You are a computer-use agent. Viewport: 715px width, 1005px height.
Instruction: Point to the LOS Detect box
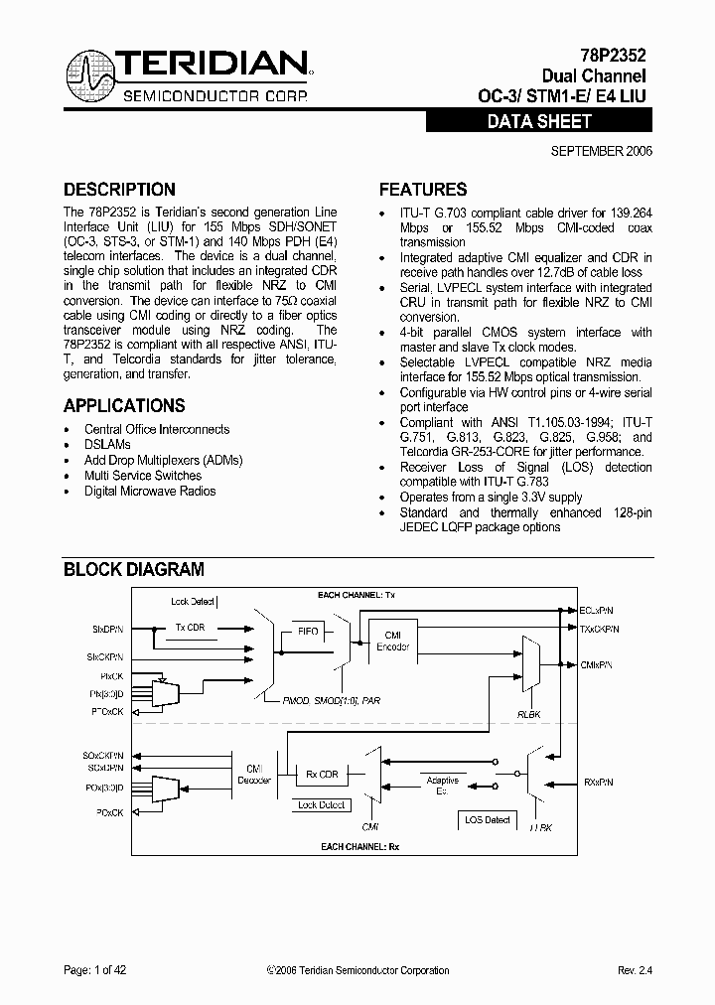[487, 819]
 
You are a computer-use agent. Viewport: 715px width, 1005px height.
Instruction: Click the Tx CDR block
[192, 628]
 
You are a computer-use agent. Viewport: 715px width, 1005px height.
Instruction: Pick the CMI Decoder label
[253, 775]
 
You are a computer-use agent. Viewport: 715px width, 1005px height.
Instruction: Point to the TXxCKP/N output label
[600, 629]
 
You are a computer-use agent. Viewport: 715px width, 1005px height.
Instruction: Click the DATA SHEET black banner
[539, 121]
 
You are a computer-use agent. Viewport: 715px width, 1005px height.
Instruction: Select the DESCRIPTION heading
[119, 189]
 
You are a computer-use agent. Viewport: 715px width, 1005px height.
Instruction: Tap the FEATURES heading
[423, 189]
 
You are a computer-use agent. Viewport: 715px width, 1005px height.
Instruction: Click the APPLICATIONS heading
[124, 405]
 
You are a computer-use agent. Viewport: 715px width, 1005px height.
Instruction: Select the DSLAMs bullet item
[107, 445]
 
